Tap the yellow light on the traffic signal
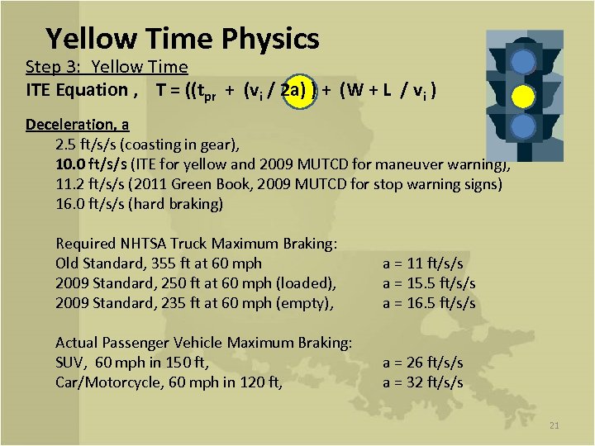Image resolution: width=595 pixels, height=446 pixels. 522,97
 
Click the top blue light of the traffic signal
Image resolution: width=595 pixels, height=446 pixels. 522,63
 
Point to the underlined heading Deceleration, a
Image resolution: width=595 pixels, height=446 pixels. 77,125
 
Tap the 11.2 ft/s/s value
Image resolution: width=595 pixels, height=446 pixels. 91,184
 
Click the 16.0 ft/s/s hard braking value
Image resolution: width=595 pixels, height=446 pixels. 91,204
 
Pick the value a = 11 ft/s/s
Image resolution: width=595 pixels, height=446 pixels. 421,263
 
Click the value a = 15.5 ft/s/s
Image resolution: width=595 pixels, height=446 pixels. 428,283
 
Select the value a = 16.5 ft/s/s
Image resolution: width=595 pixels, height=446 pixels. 428,303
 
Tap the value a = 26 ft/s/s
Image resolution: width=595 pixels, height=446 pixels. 421,363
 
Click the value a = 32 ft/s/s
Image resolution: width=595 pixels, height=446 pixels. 421,382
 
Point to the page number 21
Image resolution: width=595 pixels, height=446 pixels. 554,425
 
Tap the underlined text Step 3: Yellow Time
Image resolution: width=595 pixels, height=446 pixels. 107,67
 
